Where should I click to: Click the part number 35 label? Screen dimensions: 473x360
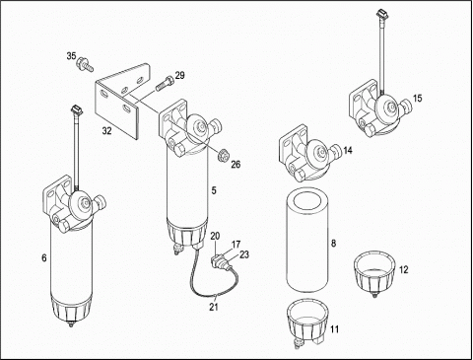pos(71,56)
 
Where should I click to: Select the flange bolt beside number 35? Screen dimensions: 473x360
pos(85,64)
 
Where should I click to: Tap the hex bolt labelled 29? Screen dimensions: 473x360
pos(164,83)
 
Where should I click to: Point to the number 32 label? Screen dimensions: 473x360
pos(106,131)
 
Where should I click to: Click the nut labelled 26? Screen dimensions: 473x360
pos(224,155)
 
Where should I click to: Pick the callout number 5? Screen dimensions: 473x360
pos(214,190)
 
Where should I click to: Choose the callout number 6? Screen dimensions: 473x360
pos(44,258)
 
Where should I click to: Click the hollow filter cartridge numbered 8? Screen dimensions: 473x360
pos(307,240)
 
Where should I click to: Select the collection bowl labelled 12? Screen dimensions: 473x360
pos(374,273)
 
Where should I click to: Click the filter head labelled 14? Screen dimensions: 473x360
pos(309,153)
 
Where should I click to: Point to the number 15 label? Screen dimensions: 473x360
pos(417,99)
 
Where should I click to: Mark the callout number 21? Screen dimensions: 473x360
pos(214,307)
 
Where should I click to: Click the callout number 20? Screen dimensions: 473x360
pos(215,236)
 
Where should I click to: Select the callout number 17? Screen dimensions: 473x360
pos(236,245)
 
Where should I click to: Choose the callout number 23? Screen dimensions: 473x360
pos(244,254)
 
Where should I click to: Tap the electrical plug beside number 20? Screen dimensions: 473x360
pos(218,262)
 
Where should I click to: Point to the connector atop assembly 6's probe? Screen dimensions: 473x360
pos(76,109)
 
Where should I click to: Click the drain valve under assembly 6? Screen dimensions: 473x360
pos(70,324)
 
